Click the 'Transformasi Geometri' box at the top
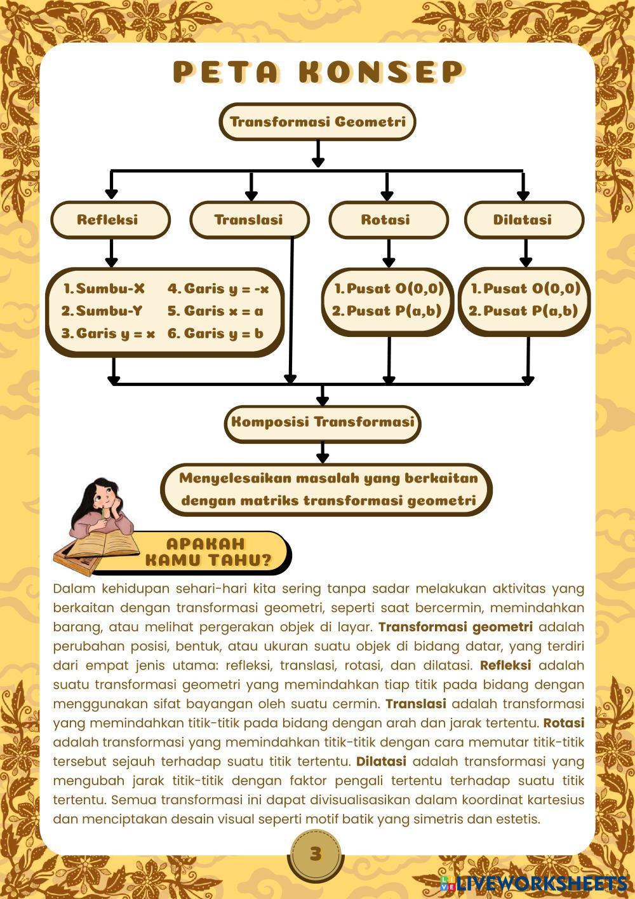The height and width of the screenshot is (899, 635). point(317,121)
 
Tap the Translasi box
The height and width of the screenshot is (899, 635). point(248,220)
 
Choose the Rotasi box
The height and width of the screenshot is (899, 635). point(385,220)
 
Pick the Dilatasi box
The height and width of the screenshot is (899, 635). point(523,220)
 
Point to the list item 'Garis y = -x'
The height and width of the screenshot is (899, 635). point(218,289)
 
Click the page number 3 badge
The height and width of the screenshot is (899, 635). point(316,854)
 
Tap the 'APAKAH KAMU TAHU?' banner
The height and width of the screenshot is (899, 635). point(208,552)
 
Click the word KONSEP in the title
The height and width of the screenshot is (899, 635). point(381,72)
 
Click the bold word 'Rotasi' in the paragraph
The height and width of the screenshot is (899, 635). point(563,723)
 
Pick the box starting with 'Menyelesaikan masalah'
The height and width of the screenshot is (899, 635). point(328,489)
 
